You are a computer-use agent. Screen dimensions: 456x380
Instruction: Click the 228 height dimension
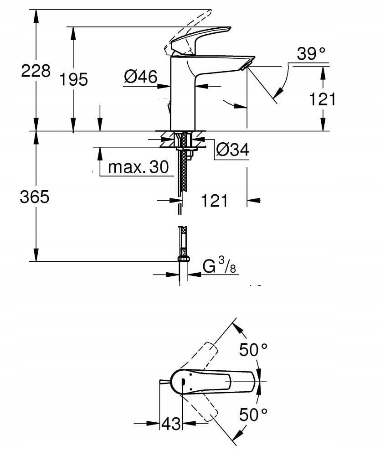tap(36, 71)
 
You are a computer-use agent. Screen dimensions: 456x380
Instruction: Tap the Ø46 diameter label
tap(140, 77)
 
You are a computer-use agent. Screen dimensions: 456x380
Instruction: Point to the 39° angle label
tap(312, 54)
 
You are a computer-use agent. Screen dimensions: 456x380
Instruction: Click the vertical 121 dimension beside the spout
tap(323, 98)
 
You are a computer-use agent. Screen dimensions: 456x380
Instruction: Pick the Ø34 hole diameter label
tap(232, 150)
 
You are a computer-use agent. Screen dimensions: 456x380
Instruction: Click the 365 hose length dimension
tap(34, 197)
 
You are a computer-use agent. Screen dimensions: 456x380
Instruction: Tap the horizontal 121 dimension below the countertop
tap(214, 200)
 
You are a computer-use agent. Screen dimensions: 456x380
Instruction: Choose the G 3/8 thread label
tap(219, 266)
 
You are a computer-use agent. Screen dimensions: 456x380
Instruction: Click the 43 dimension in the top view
tap(171, 424)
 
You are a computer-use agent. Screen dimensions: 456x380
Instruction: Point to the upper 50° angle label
tap(253, 350)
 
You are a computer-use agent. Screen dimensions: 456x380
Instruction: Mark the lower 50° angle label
tap(253, 415)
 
